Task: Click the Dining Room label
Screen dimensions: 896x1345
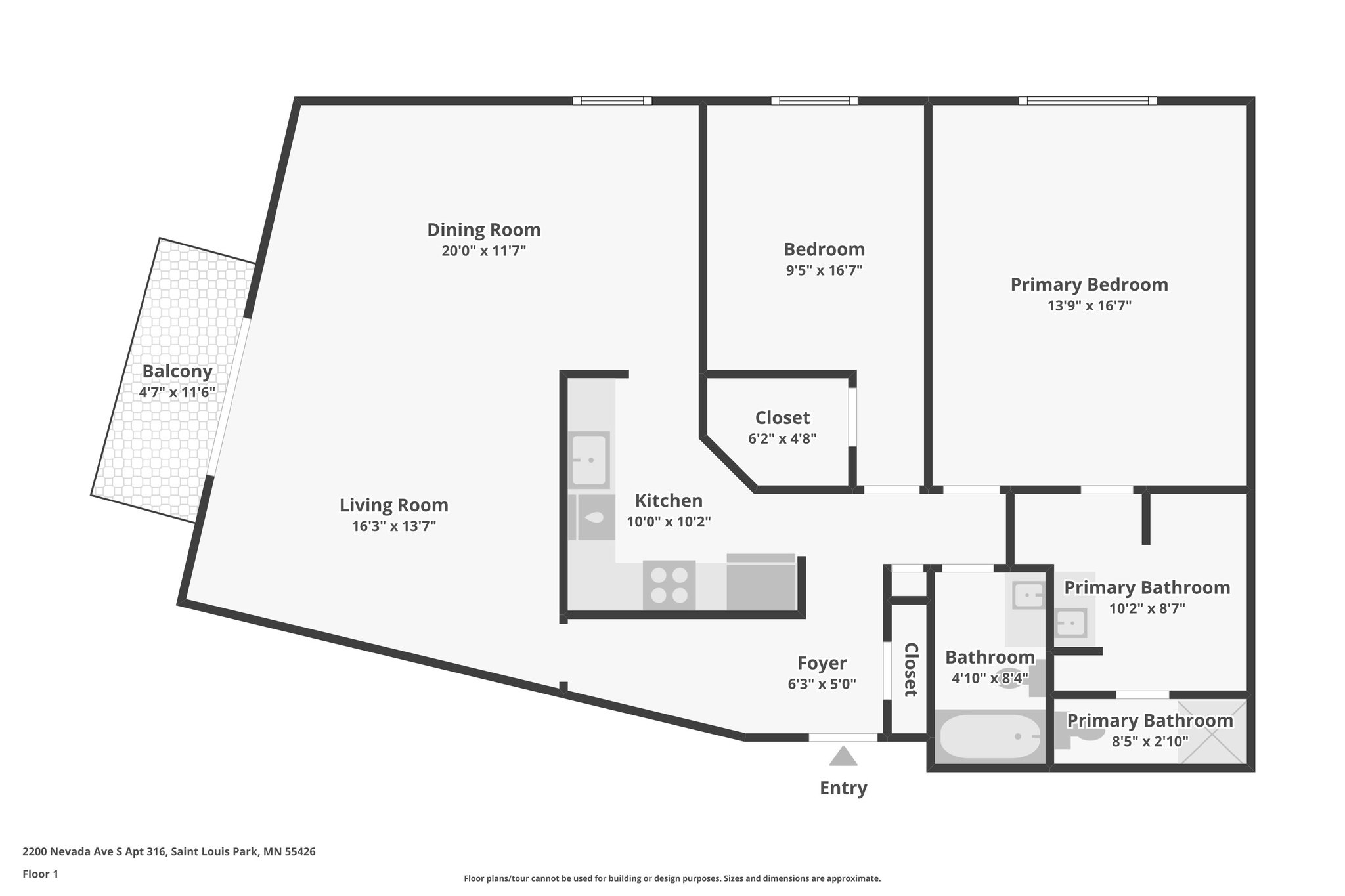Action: (484, 230)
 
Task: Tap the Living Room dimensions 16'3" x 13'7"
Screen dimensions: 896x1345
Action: (394, 526)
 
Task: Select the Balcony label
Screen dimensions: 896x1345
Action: (177, 372)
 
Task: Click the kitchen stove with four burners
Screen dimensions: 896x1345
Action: (669, 584)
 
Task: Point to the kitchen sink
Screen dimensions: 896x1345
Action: (589, 459)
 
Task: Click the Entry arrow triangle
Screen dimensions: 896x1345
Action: (843, 757)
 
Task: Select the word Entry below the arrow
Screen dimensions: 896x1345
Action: (843, 788)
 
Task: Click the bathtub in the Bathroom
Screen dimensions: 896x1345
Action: (989, 736)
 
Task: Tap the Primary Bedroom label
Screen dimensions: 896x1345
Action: (1089, 285)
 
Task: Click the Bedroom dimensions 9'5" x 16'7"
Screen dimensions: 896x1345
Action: (824, 270)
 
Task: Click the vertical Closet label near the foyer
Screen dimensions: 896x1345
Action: (910, 670)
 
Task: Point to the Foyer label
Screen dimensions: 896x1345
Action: (822, 663)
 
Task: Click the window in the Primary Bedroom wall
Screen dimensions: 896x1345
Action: (1088, 101)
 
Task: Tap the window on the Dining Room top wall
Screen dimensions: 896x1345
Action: (612, 101)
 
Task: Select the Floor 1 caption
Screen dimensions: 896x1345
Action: (41, 874)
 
